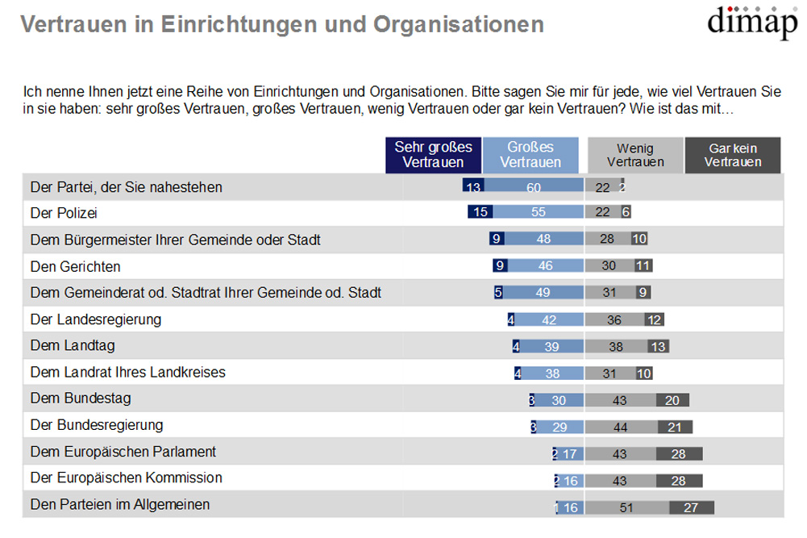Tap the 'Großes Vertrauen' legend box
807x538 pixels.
[530, 155]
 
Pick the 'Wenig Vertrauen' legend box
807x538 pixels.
[635, 155]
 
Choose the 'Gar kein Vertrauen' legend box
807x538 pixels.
[733, 155]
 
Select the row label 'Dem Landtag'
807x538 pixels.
[73, 346]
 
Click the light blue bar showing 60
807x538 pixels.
[533, 187]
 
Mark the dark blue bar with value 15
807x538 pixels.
[480, 213]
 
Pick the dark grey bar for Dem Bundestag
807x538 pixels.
[672, 399]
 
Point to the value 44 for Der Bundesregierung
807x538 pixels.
[621, 426]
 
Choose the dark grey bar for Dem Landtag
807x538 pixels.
[658, 346]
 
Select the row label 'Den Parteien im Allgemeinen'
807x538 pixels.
[120, 505]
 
